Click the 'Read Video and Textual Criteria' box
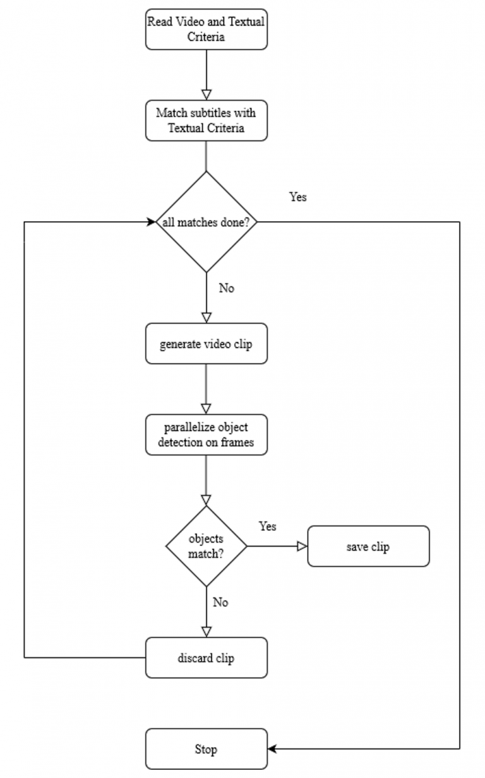pyautogui.click(x=207, y=29)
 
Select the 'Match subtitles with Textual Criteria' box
pyautogui.click(x=207, y=121)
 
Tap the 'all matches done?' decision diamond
pyautogui.click(x=207, y=222)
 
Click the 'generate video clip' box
pyautogui.click(x=207, y=344)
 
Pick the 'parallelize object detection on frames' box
pyautogui.click(x=207, y=434)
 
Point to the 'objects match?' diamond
pyautogui.click(x=207, y=546)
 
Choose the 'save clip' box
pyautogui.click(x=368, y=546)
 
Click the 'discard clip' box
pyautogui.click(x=207, y=658)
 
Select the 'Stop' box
pyautogui.click(x=207, y=749)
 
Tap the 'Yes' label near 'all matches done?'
pyautogui.click(x=298, y=197)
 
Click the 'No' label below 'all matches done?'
pyautogui.click(x=226, y=288)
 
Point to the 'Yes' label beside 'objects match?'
pyautogui.click(x=267, y=526)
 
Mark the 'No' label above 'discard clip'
pyautogui.click(x=220, y=602)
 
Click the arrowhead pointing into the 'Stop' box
pyautogui.click(x=272, y=749)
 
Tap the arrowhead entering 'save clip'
pyautogui.click(x=302, y=546)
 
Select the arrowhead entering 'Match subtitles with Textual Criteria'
pyautogui.click(x=207, y=95)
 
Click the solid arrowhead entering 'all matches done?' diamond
pyautogui.click(x=152, y=222)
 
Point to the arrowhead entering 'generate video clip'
pyautogui.click(x=207, y=318)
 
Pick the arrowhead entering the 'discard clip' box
pyautogui.click(x=207, y=632)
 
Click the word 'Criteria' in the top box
pyautogui.click(x=206, y=37)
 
